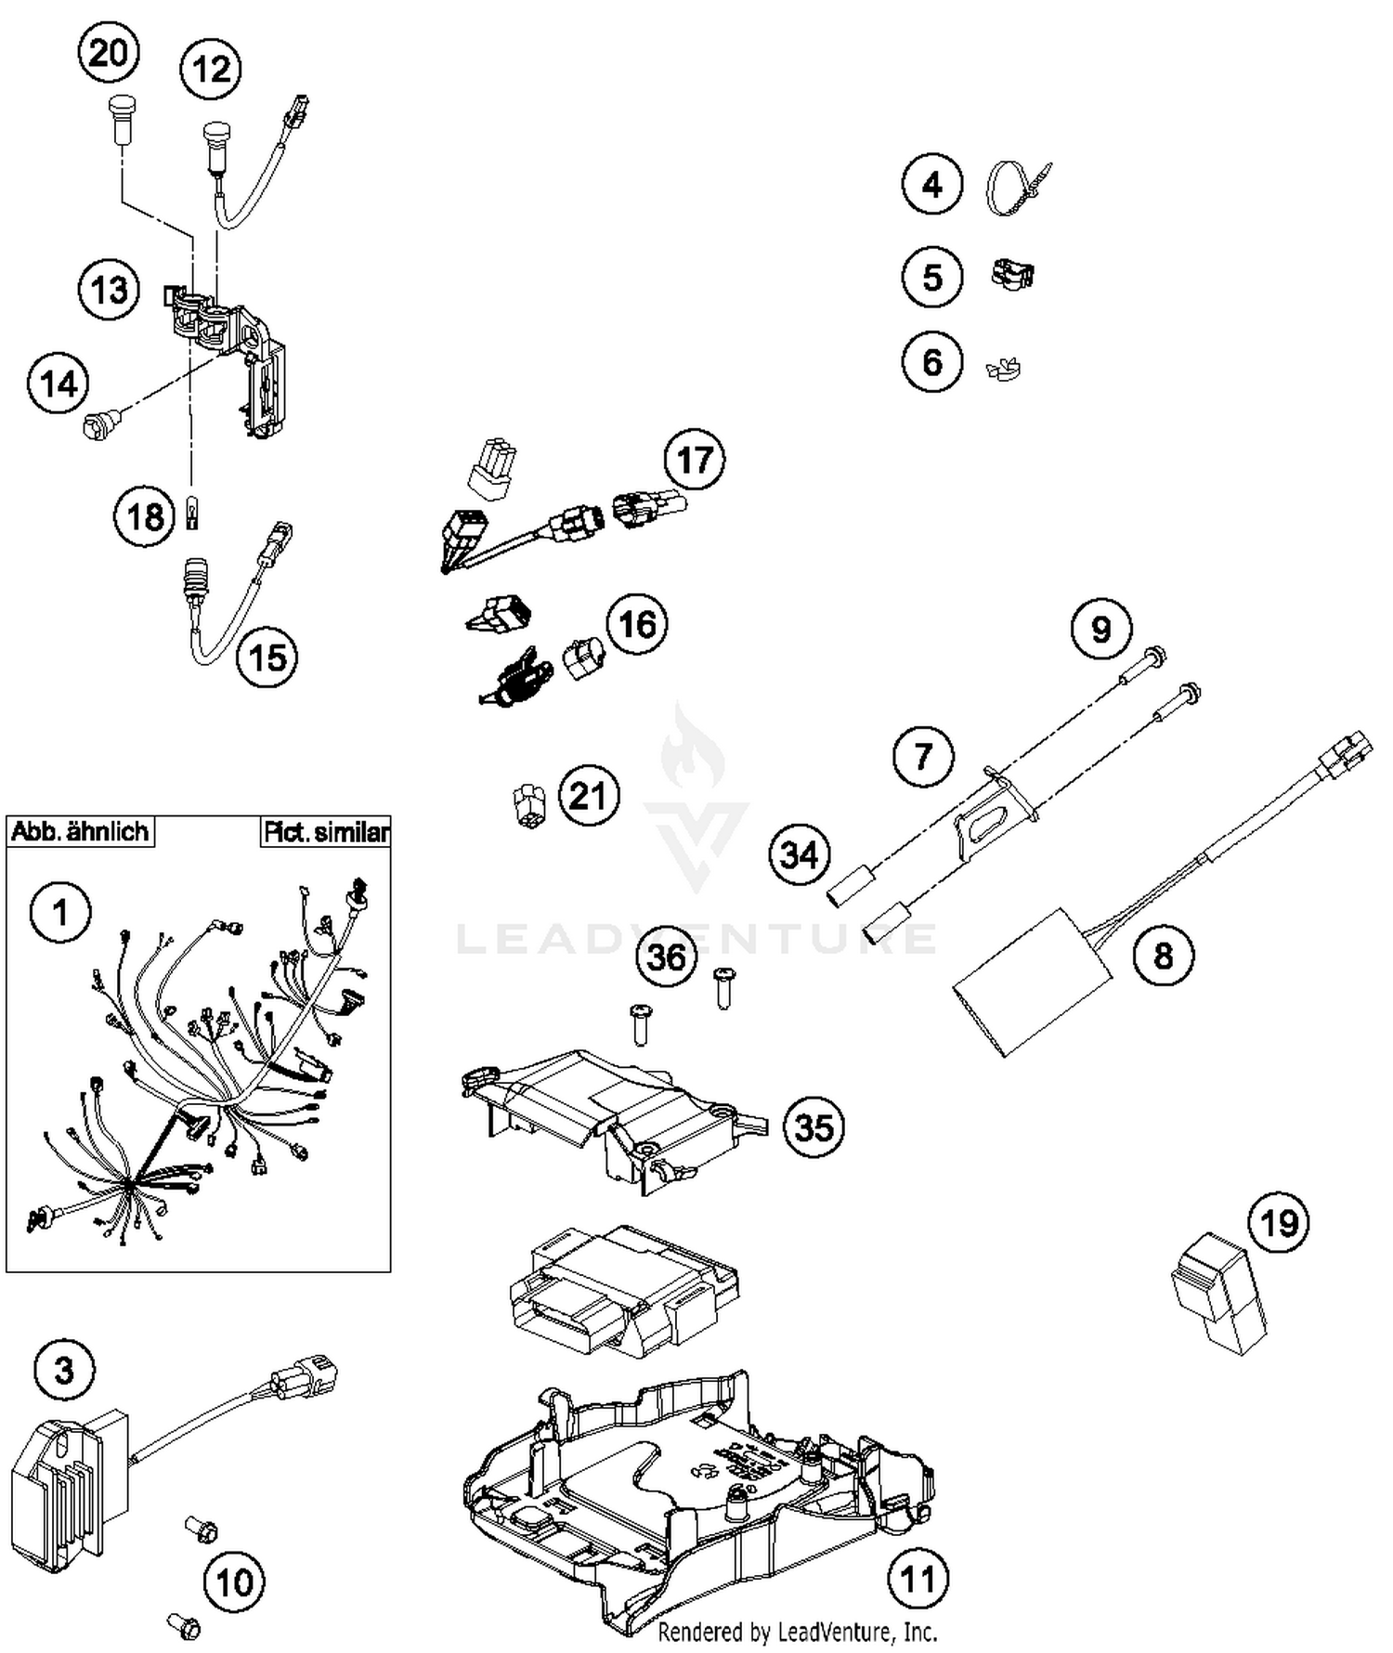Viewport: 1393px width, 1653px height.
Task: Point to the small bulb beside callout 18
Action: [x=192, y=512]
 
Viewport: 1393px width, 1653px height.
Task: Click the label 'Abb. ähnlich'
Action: [x=80, y=831]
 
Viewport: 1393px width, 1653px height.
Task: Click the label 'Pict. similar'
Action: [x=325, y=831]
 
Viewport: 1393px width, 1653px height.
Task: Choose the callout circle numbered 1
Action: [x=60, y=912]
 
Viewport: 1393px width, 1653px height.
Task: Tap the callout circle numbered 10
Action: [x=234, y=1581]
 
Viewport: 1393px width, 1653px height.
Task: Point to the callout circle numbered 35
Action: [x=814, y=1127]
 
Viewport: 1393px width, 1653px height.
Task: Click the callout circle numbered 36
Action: [x=666, y=957]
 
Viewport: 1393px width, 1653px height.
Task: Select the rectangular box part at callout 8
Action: [x=1031, y=981]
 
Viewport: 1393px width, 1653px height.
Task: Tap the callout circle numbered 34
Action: [x=800, y=854]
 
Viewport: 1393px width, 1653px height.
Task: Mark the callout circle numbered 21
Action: [x=589, y=796]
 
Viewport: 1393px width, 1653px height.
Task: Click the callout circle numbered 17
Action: [x=695, y=460]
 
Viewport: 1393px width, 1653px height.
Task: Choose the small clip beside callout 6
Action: [x=1003, y=369]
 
